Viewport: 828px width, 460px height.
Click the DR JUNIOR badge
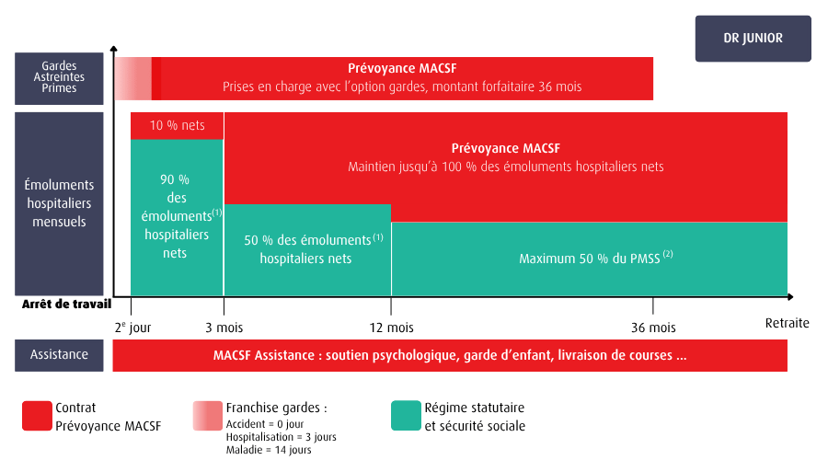(x=753, y=39)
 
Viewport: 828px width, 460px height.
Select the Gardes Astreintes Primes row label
(x=59, y=77)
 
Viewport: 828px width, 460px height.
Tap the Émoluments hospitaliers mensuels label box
(x=59, y=203)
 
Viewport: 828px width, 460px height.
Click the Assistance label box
(x=59, y=354)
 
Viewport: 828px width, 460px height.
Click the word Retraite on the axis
(x=787, y=323)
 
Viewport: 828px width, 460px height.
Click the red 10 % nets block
(x=177, y=125)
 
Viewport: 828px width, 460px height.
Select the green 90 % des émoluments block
(x=177, y=216)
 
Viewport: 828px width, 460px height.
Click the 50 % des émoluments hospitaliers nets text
(x=307, y=249)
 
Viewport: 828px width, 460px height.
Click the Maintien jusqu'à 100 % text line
(x=505, y=167)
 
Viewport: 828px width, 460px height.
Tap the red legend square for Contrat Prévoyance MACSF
(x=37, y=416)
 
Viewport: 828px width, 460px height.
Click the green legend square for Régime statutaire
(x=405, y=416)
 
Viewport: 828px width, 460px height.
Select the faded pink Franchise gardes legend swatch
(x=207, y=416)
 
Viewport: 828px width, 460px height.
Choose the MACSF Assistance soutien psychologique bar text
(x=449, y=355)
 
